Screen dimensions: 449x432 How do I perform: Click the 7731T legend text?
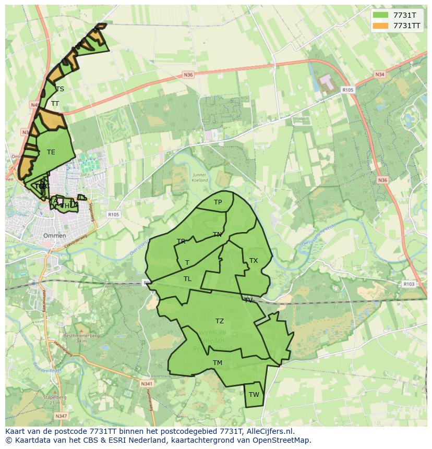point(404,15)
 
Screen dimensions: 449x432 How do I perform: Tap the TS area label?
point(60,89)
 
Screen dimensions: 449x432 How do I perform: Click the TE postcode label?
point(51,152)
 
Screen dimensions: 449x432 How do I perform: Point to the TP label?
point(218,202)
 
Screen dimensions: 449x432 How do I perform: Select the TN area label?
point(217,235)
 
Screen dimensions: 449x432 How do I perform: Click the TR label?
point(181,241)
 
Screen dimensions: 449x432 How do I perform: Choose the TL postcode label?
point(187,279)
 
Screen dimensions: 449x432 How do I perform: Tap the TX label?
point(254,261)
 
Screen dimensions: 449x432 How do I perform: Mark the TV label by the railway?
point(248,300)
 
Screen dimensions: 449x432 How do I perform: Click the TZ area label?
point(220,321)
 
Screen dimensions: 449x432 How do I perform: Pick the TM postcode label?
point(218,363)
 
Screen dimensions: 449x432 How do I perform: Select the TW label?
point(254,395)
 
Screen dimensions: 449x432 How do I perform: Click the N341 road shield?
point(147,384)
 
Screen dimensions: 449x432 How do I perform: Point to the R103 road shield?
point(409,284)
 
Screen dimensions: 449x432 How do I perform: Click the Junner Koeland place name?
point(200,178)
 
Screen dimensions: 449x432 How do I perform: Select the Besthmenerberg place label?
point(74,336)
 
